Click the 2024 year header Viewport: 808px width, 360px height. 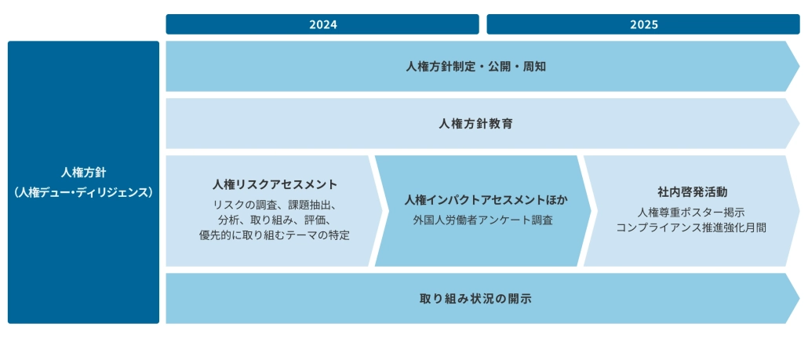tap(322, 24)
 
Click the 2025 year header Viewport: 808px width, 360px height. tap(643, 24)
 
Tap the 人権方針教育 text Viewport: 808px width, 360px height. tap(475, 124)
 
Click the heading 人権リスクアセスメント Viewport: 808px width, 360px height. tap(275, 184)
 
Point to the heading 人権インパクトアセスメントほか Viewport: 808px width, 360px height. tap(486, 200)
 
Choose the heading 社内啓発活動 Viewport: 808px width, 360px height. tap(692, 192)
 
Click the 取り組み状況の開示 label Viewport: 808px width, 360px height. tap(475, 299)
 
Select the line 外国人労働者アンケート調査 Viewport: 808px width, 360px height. tap(483, 220)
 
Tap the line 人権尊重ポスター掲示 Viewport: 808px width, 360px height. tap(691, 213)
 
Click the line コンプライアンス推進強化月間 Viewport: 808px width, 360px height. tap(691, 227)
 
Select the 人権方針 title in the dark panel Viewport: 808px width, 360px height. tap(83, 173)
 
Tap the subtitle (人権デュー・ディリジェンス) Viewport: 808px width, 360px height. tap(83, 193)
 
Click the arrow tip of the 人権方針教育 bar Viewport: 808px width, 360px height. tap(799, 124)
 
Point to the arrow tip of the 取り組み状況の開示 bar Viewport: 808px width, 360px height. tap(799, 299)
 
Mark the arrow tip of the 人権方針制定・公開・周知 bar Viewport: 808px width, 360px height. tap(799, 67)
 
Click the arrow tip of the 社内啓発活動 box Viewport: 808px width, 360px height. tap(799, 211)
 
